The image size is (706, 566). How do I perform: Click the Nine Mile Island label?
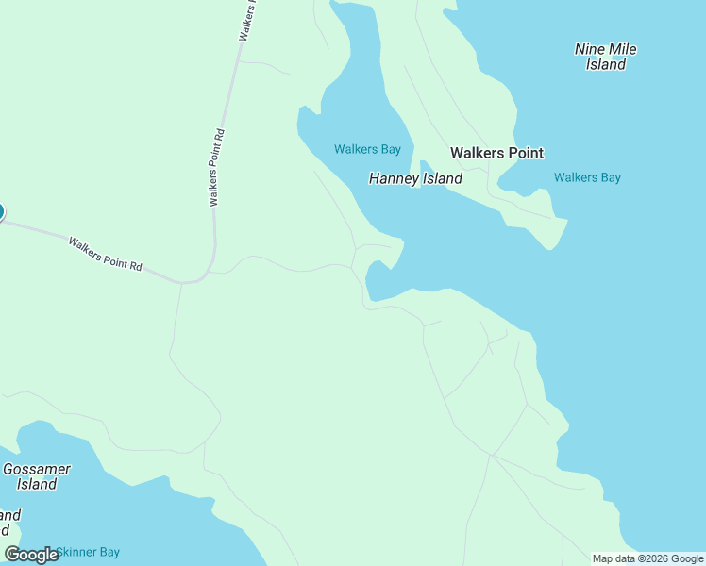click(606, 57)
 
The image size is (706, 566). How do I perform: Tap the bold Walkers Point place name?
click(496, 153)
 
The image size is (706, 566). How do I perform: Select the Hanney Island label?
click(415, 178)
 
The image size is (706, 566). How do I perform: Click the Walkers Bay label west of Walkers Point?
click(367, 149)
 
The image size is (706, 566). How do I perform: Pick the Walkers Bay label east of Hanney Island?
click(587, 177)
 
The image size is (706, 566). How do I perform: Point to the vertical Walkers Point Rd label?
click(216, 168)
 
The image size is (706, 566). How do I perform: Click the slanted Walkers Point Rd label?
click(105, 255)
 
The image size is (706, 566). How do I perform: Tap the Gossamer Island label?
click(37, 476)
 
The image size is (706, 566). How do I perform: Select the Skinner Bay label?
click(88, 552)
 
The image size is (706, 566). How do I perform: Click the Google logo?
click(31, 554)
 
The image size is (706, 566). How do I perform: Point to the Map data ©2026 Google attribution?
click(647, 558)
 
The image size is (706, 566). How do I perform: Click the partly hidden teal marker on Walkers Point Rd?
click(1, 211)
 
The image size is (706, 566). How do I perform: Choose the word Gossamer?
click(37, 469)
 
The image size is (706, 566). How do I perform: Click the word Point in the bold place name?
click(524, 153)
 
